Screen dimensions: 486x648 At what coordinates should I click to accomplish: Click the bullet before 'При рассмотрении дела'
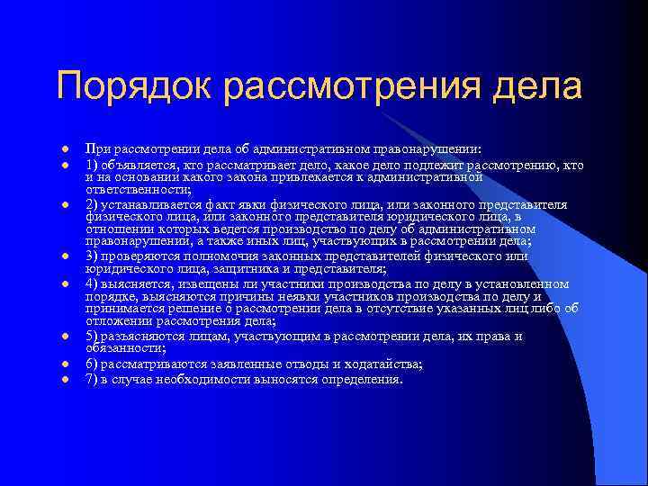tap(66, 148)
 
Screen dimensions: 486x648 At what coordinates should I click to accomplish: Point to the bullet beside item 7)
tap(66, 380)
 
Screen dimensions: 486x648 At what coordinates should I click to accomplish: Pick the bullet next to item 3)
tap(66, 257)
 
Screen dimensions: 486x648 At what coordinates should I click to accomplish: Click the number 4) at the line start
tap(92, 283)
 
